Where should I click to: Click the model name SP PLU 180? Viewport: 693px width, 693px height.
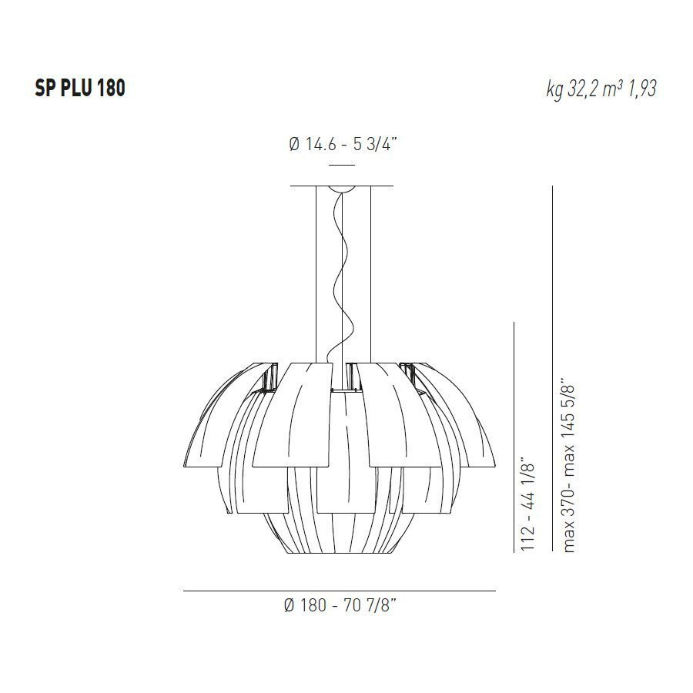pyautogui.click(x=79, y=89)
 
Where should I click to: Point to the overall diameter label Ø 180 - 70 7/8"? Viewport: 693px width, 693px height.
pyautogui.click(x=340, y=606)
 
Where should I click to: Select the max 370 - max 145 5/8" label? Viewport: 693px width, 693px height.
pyautogui.click(x=569, y=464)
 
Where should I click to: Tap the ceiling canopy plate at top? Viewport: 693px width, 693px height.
pyautogui.click(x=342, y=186)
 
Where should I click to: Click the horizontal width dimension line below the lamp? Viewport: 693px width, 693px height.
pyautogui.click(x=339, y=591)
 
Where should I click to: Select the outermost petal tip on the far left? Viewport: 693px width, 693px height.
pyautogui.click(x=187, y=454)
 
